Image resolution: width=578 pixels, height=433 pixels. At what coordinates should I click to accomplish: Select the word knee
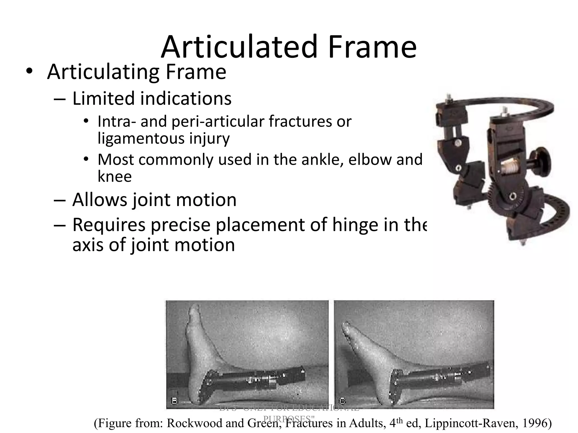tap(115, 177)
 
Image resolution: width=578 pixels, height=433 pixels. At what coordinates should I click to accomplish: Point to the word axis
tap(89, 244)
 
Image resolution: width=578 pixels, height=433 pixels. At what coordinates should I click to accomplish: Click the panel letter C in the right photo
tap(342, 400)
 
